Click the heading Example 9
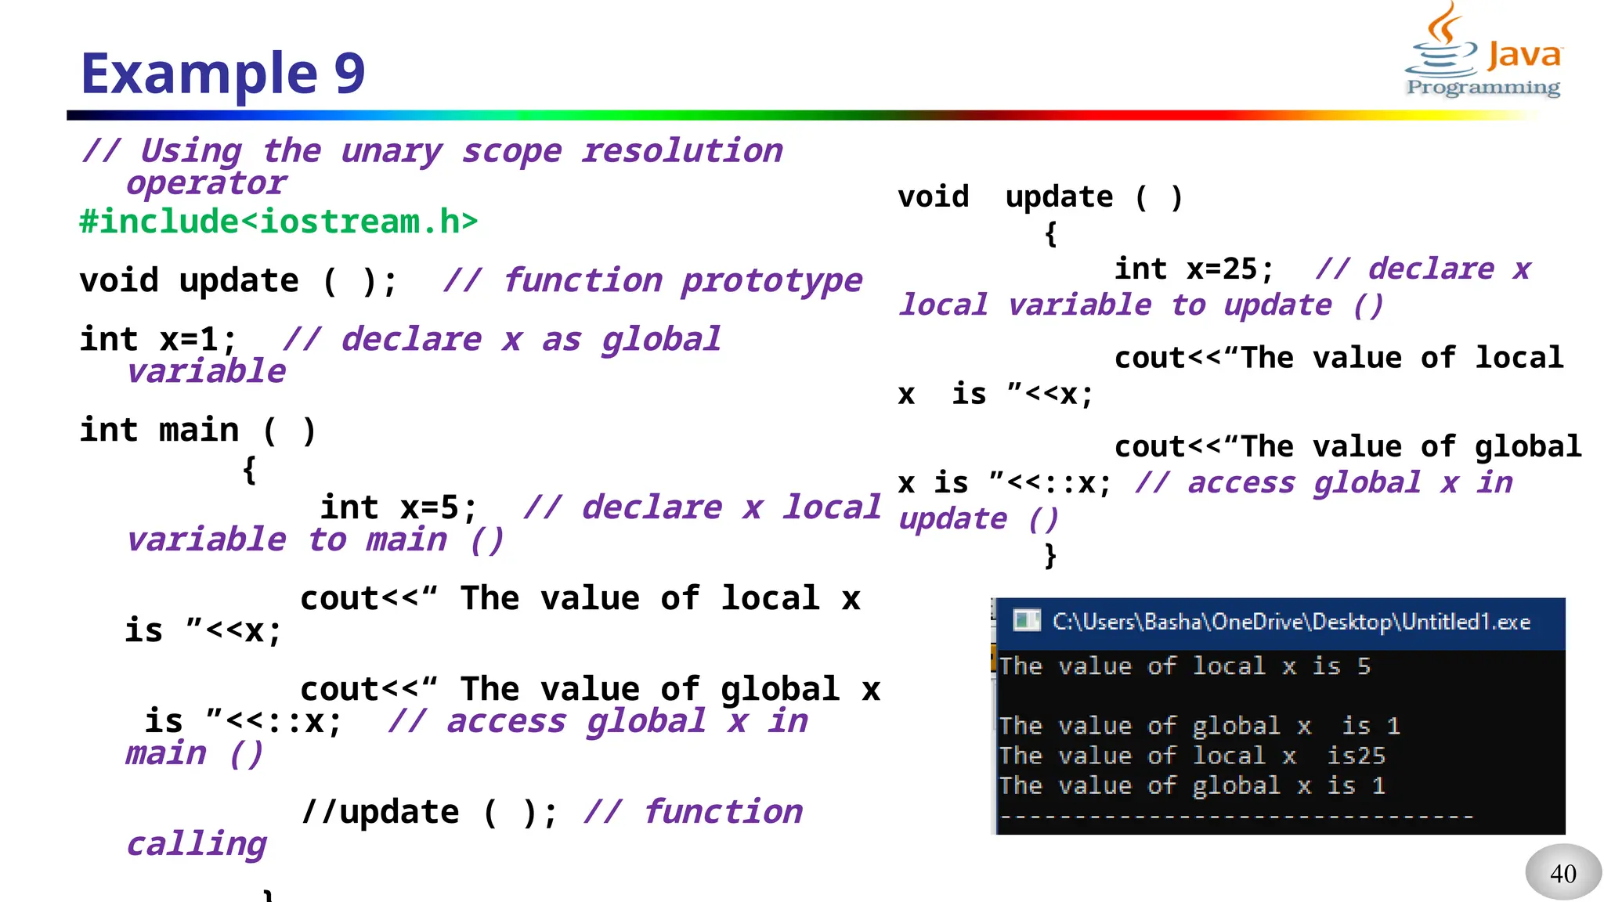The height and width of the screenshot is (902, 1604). (222, 73)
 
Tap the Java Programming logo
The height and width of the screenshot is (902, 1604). (1483, 52)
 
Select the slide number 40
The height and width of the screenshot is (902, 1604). (1562, 873)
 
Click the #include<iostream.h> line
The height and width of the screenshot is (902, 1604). (278, 222)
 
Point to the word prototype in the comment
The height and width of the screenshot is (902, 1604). (771, 281)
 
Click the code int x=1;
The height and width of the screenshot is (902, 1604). (157, 340)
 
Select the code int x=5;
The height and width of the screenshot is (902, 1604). (398, 507)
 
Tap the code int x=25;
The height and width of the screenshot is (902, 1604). (1194, 269)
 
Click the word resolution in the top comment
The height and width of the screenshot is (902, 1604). (681, 150)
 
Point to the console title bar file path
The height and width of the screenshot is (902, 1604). (1291, 622)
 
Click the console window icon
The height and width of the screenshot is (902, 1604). (1026, 622)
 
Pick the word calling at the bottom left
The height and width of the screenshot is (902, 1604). (197, 845)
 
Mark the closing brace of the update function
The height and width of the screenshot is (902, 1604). (1050, 555)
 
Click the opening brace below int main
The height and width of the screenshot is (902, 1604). (249, 470)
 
